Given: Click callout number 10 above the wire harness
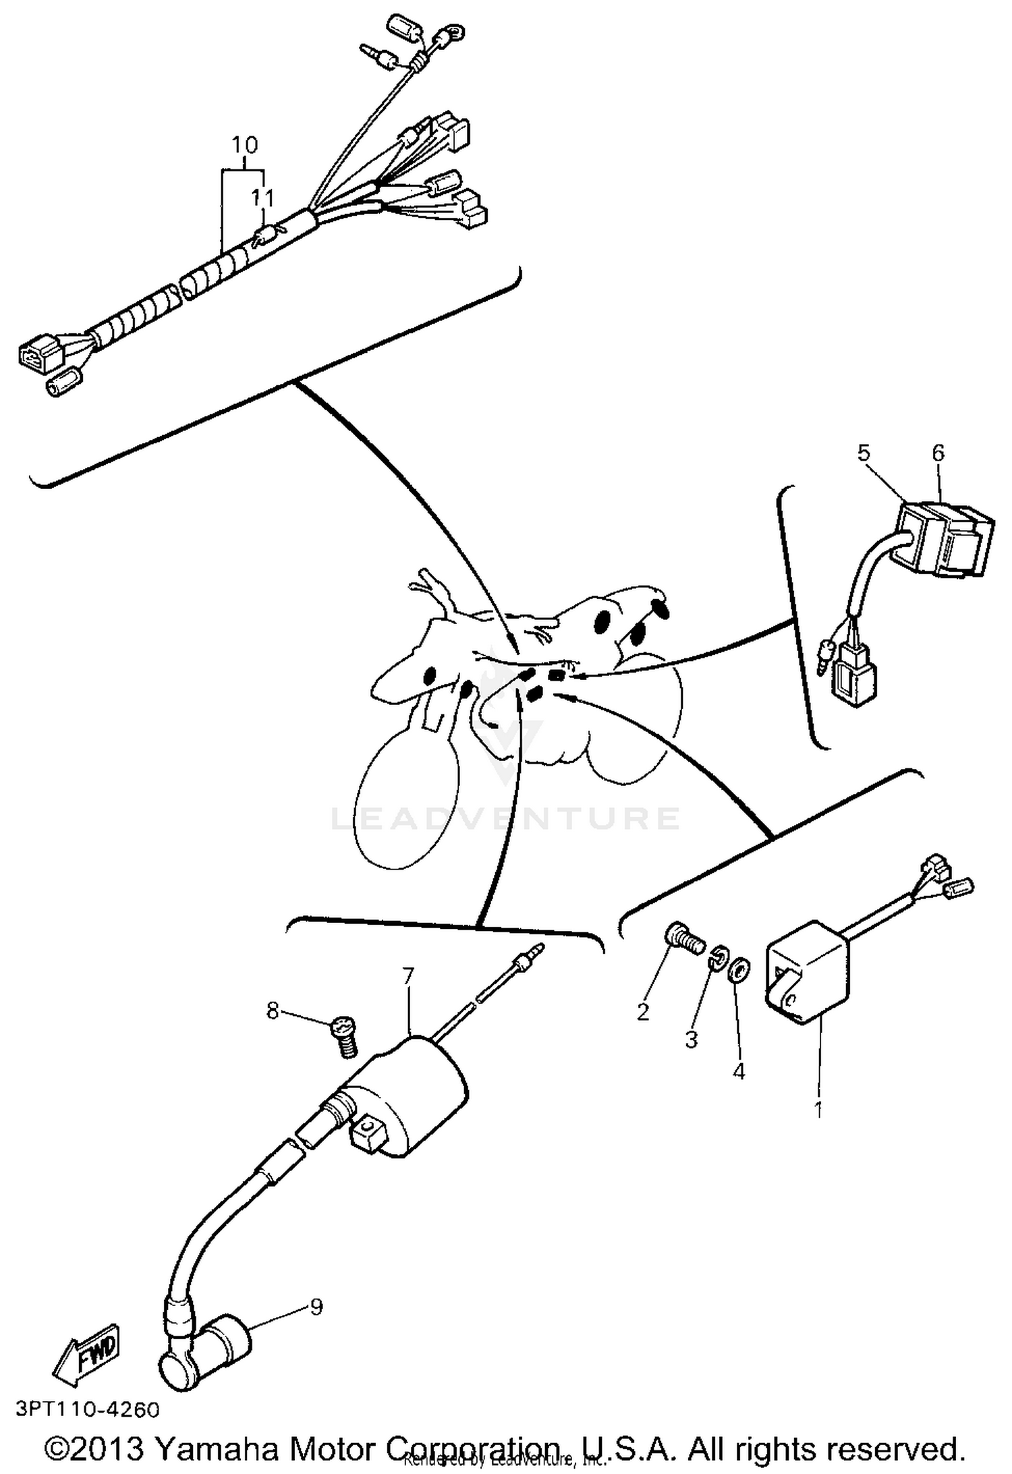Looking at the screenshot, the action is pos(245,145).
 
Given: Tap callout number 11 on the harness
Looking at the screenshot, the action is pos(263,198).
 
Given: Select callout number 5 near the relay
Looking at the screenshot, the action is pos(865,453).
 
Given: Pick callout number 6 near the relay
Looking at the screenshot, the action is pos(938,453).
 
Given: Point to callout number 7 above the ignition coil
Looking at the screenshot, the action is pos(408,976).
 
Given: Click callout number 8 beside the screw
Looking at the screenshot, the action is pos(273,1011).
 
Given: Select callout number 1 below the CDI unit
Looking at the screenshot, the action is pos(819,1109).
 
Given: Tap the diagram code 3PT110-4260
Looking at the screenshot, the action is pos(88,1409).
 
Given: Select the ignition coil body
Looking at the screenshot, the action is pos(412,1093).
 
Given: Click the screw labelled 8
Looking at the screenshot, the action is pos(345,1039).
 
